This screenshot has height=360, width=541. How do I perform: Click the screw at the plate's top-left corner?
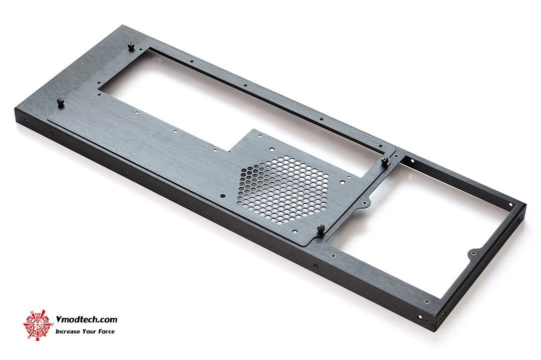coord(131,46)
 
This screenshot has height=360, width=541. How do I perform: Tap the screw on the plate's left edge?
coord(61,103)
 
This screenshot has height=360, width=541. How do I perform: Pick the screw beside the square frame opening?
coord(385,160)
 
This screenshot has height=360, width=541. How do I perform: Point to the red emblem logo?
coord(38,325)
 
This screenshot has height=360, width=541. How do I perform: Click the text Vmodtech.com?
coord(86,319)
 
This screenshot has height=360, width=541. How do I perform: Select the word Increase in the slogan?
coord(68,332)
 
